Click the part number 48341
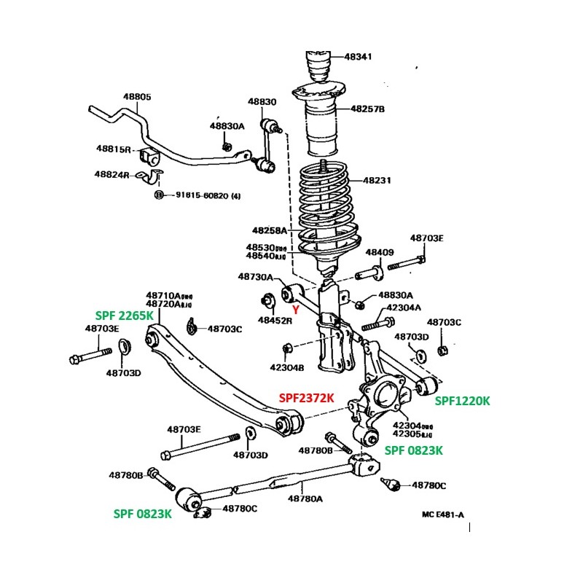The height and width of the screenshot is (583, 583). click(x=358, y=57)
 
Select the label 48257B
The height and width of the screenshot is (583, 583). click(x=367, y=109)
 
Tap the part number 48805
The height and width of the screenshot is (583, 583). click(x=137, y=96)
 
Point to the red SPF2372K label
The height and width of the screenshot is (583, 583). click(x=307, y=398)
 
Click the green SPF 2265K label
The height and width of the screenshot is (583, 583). click(x=125, y=316)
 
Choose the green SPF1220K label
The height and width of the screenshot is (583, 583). click(x=463, y=400)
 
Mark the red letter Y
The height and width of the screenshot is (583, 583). click(x=296, y=309)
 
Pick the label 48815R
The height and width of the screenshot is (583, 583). click(x=113, y=149)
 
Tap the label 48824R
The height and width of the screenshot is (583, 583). click(x=111, y=175)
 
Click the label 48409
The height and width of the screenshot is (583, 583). click(x=380, y=252)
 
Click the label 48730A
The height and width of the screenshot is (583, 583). click(x=255, y=277)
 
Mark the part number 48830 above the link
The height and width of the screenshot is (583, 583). click(x=262, y=102)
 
